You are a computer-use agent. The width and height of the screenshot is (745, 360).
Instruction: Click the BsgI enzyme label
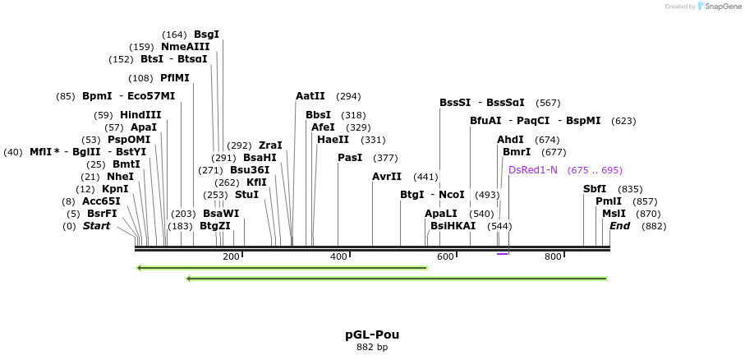click(206, 35)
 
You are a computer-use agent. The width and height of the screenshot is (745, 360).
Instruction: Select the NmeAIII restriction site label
click(185, 47)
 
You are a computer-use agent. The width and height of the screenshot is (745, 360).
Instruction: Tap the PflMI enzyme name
click(175, 78)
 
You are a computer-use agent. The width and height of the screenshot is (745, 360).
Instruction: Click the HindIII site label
click(140, 115)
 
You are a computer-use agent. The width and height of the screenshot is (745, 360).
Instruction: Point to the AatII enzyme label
click(310, 96)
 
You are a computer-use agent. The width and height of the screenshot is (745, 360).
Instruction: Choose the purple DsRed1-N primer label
click(533, 170)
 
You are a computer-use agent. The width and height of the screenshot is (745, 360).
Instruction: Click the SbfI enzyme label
click(595, 189)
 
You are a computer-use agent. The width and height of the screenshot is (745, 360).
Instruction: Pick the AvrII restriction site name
click(387, 177)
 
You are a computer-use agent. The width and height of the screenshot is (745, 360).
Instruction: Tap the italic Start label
click(96, 226)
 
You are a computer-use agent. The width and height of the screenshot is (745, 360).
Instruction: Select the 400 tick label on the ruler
click(338, 256)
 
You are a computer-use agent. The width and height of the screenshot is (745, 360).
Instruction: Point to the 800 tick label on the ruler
click(553, 256)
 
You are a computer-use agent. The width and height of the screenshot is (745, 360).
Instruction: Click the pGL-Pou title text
click(372, 335)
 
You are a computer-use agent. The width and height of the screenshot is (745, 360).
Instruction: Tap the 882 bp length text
click(372, 347)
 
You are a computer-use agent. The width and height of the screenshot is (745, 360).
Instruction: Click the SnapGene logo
click(713, 7)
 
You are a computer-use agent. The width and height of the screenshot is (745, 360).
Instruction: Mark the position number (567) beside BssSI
click(548, 103)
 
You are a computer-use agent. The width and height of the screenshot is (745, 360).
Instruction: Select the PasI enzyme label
click(350, 158)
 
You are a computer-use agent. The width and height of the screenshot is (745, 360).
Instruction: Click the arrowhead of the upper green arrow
click(140, 267)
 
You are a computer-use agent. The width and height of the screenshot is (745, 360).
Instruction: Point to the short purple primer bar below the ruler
click(503, 254)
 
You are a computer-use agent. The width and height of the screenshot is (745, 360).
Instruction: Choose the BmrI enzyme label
click(517, 152)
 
